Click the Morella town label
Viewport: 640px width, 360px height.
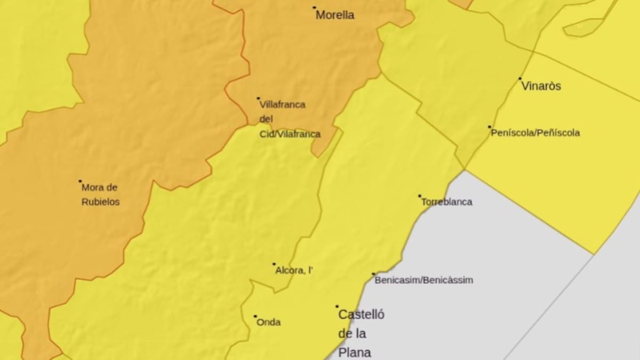335,15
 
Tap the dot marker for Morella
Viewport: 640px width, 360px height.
314,7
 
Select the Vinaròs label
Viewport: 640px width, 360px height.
541,86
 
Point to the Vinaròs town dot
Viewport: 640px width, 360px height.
520,78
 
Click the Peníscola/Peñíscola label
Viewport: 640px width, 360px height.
535,133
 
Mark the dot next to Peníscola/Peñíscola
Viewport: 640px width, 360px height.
489,127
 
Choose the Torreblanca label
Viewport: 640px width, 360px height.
446,202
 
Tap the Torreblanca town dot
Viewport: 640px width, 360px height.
419,196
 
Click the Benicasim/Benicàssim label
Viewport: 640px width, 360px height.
423,280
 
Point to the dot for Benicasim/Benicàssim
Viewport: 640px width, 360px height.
373,274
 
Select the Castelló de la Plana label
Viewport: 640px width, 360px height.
361,333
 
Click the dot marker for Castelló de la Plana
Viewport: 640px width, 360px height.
337,307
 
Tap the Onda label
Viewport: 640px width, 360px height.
268,322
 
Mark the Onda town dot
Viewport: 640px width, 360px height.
255,316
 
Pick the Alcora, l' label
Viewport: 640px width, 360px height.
294,270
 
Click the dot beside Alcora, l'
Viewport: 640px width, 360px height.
274,264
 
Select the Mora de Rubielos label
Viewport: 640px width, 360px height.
100,195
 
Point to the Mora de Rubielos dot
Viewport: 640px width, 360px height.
80,181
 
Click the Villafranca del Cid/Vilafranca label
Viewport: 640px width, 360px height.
290,119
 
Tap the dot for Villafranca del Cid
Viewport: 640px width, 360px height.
258,98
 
